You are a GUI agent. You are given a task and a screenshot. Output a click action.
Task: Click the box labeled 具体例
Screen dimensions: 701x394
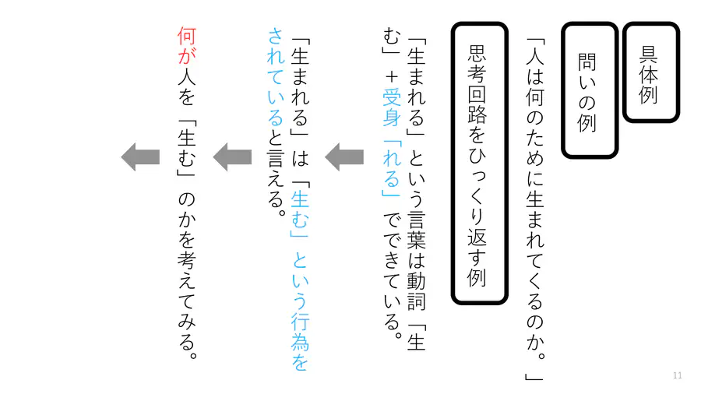tap(651, 72)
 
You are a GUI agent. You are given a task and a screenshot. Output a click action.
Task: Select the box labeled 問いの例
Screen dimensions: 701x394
tap(590, 90)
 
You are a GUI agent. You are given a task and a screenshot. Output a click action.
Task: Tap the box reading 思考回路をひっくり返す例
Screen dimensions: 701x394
tap(479, 164)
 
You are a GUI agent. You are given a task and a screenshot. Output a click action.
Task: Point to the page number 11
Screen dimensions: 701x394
tap(678, 375)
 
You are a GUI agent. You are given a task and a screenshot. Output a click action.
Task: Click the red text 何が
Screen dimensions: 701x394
tap(187, 46)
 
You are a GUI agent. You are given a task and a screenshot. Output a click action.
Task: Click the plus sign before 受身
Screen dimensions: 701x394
tap(392, 77)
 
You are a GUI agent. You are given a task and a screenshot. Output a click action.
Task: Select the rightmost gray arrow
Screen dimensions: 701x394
tap(344, 157)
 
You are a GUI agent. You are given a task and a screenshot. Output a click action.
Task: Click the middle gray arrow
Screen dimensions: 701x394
tap(232, 157)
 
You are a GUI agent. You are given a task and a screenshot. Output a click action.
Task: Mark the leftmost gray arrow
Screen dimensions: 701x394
tap(140, 157)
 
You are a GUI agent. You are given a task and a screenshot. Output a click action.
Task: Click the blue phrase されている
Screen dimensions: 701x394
tap(276, 77)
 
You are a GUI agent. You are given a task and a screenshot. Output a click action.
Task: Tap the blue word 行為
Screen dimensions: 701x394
tap(300, 332)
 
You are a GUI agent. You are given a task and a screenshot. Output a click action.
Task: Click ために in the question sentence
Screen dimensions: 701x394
tap(534, 147)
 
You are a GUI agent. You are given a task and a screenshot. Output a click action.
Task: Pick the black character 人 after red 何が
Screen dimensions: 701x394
tap(187, 76)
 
